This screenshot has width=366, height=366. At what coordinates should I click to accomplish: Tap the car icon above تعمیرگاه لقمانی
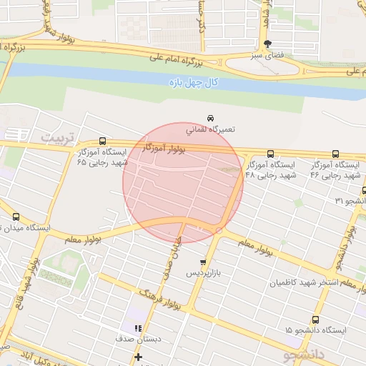point(210,117)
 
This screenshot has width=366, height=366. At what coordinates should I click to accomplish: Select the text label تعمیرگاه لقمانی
point(210,130)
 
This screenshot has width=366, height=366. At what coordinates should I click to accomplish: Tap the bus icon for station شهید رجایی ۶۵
point(102,142)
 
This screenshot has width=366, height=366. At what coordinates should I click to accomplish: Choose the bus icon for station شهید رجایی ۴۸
point(270,154)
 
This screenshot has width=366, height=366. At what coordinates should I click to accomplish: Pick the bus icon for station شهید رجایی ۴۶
point(336,154)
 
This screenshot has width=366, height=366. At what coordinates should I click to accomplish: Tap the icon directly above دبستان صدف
point(137,328)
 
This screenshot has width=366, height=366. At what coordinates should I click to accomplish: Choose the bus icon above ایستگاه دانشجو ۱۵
point(314,319)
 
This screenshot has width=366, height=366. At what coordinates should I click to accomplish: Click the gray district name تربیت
point(56,136)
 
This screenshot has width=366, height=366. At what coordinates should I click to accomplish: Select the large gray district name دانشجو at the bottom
point(304,355)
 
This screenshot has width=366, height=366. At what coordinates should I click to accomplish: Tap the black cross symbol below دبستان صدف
point(138,357)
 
